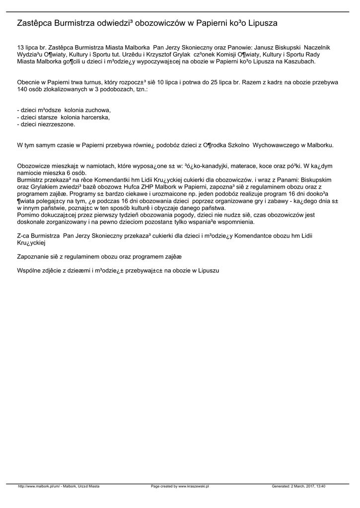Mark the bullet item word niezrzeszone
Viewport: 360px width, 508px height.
[55, 125]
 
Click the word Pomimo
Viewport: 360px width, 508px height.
[28, 215]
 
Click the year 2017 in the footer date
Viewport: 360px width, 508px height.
[306, 487]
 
